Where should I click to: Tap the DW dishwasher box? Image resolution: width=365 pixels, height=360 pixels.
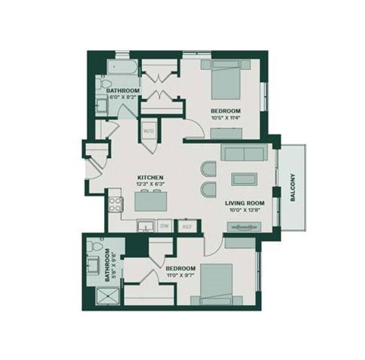pos(164,225)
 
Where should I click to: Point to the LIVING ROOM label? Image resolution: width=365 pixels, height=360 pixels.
pos(244,203)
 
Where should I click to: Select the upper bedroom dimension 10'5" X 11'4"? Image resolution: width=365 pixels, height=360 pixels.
pos(225,118)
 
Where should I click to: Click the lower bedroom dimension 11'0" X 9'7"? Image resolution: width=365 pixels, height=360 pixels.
pos(181,276)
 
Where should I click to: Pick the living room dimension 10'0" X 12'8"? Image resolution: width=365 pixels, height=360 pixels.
pos(244,211)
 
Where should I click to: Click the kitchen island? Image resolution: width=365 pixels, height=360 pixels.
pos(149,201)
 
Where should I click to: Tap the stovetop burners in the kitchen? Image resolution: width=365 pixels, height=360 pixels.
pos(116,203)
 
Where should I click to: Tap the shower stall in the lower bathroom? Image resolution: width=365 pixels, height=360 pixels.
pos(96,296)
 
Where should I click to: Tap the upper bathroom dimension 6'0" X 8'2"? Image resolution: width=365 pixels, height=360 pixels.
pos(122,98)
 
